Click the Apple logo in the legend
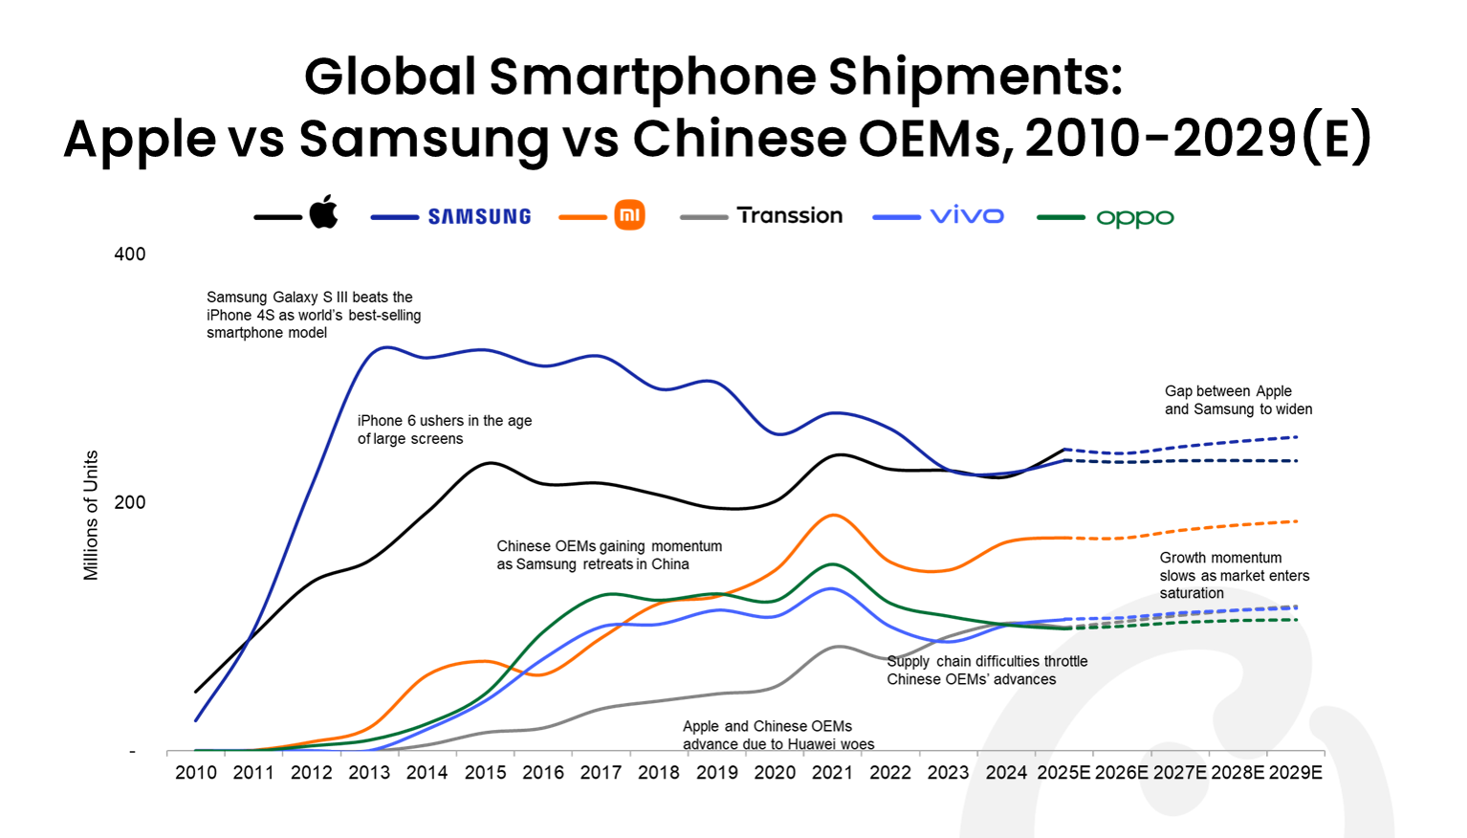[323, 212]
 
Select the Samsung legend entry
[479, 217]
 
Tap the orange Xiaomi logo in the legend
[629, 215]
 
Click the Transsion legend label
[789, 216]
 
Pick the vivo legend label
[967, 216]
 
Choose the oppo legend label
[1134, 218]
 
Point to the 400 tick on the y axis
[130, 254]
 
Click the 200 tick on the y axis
[130, 503]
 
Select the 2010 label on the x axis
[196, 773]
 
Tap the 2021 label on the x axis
[832, 773]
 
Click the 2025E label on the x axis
[1063, 773]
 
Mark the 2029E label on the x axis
[1295, 773]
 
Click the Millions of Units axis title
[91, 516]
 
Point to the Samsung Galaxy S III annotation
[314, 315]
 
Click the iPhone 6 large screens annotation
[444, 430]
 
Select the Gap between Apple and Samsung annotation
[1237, 400]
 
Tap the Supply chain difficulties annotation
[986, 671]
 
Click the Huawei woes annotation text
[777, 736]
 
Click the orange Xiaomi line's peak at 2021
[834, 516]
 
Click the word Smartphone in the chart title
[653, 77]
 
